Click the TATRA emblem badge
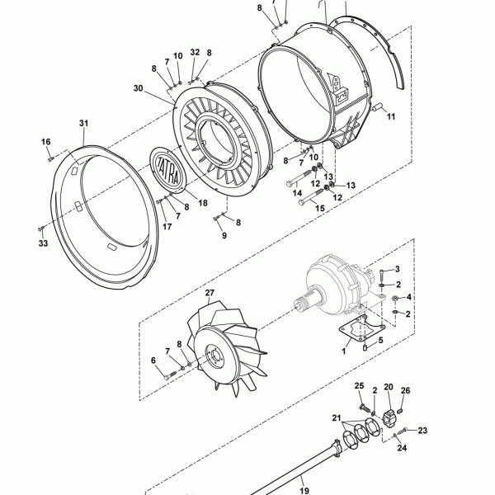pyautogui.click(x=167, y=171)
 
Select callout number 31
pyautogui.click(x=83, y=123)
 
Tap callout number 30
pyautogui.click(x=139, y=88)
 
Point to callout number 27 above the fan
pyautogui.click(x=210, y=293)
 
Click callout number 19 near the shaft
pyautogui.click(x=304, y=491)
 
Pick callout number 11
pyautogui.click(x=391, y=116)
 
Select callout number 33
pyautogui.click(x=43, y=243)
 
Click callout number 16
pyautogui.click(x=46, y=142)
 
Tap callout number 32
pyautogui.click(x=195, y=52)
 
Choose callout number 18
pyautogui.click(x=203, y=203)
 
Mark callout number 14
pyautogui.click(x=297, y=192)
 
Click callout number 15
pyautogui.click(x=320, y=208)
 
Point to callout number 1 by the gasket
pyautogui.click(x=344, y=351)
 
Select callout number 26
pyautogui.click(x=405, y=390)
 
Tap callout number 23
pyautogui.click(x=422, y=431)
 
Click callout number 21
pyautogui.click(x=337, y=418)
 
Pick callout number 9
pyautogui.click(x=224, y=235)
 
